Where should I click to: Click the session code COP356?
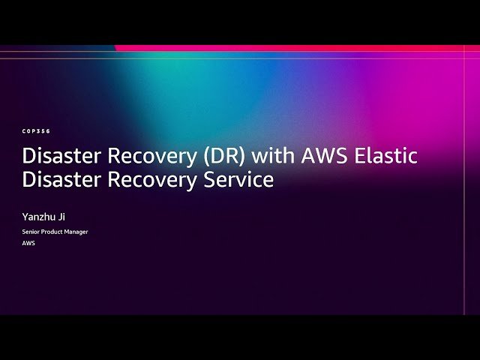click(36, 130)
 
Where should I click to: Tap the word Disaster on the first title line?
click(61, 157)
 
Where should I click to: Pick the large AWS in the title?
click(324, 157)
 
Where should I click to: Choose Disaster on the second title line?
click(61, 180)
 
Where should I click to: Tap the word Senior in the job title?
click(31, 232)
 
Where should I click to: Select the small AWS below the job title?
click(28, 244)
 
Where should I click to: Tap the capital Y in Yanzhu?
click(25, 217)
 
